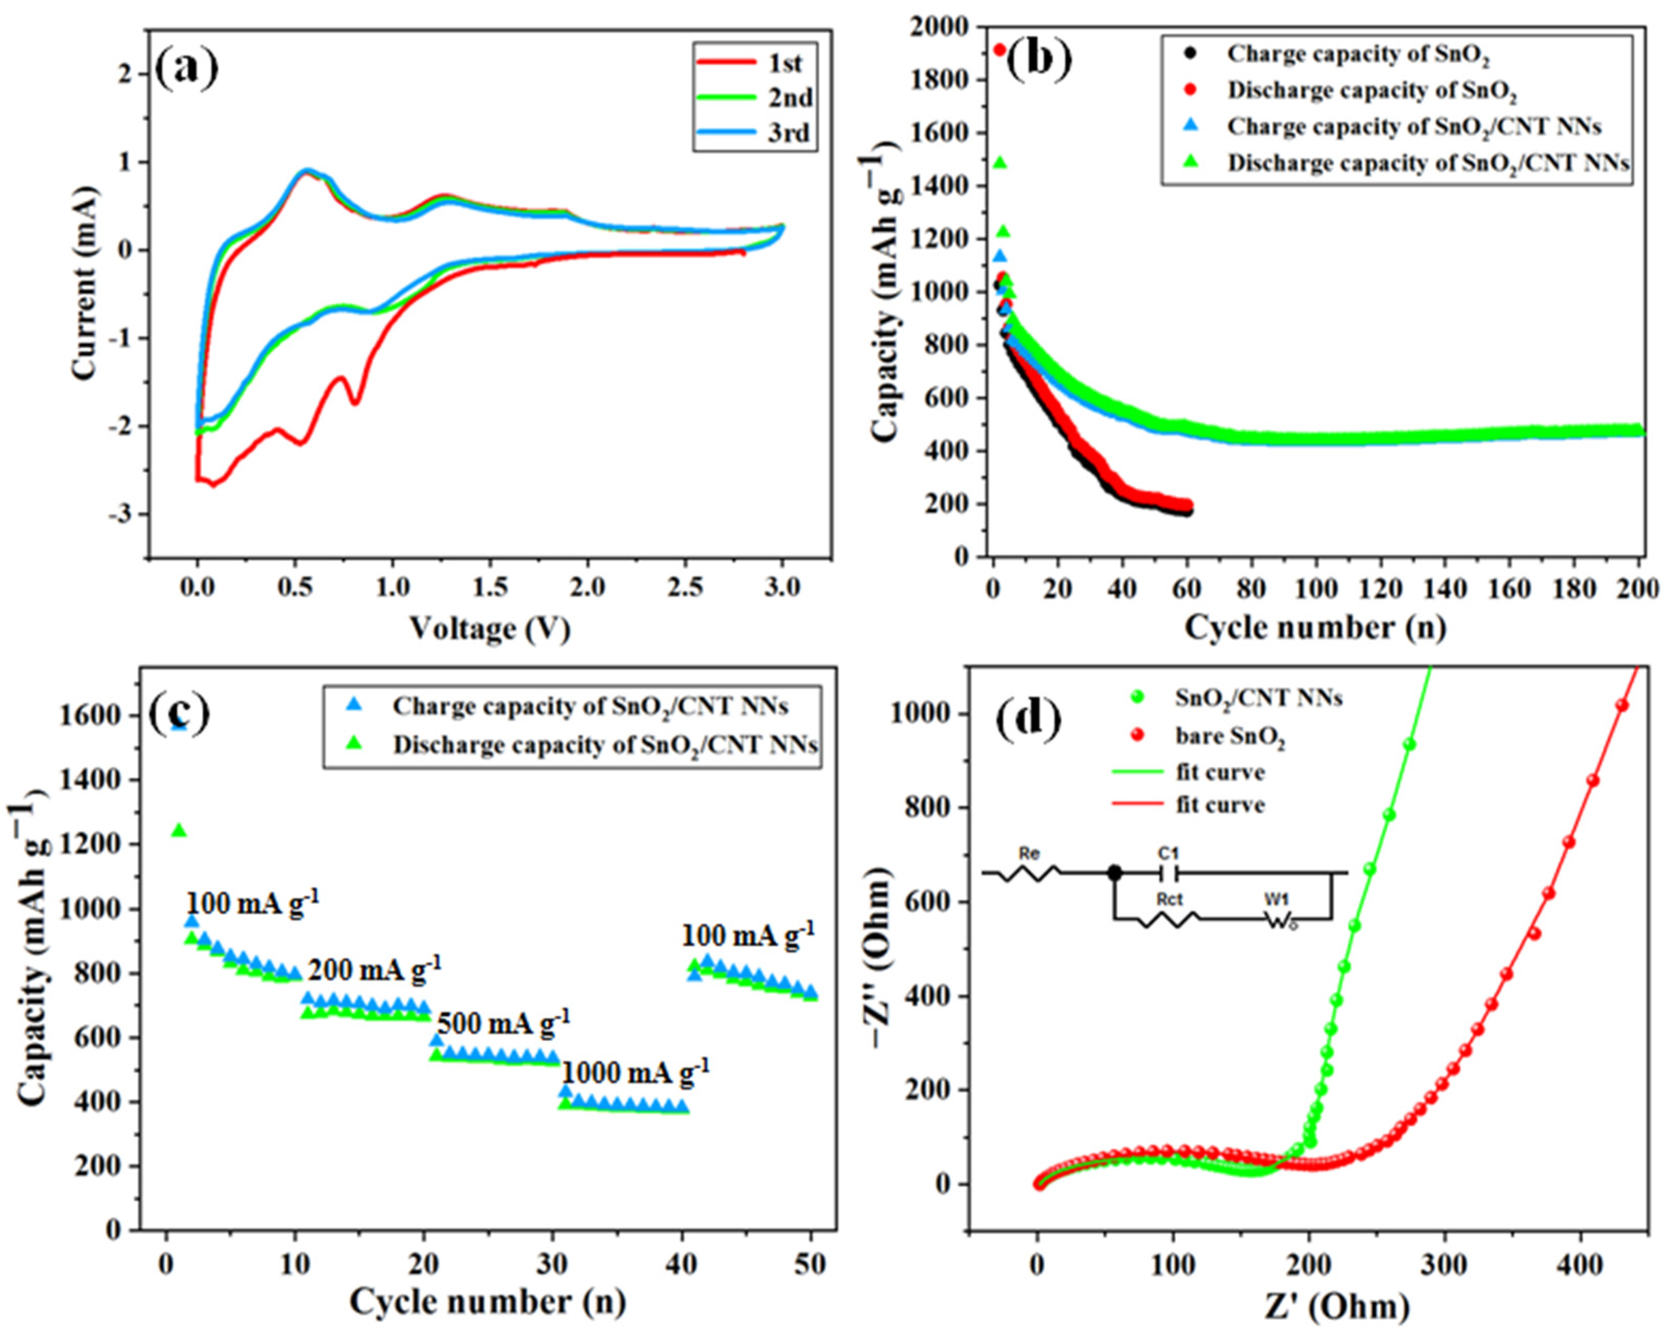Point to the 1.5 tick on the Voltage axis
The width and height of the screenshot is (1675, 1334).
489,588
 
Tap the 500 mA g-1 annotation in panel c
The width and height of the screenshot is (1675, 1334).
503,1023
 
